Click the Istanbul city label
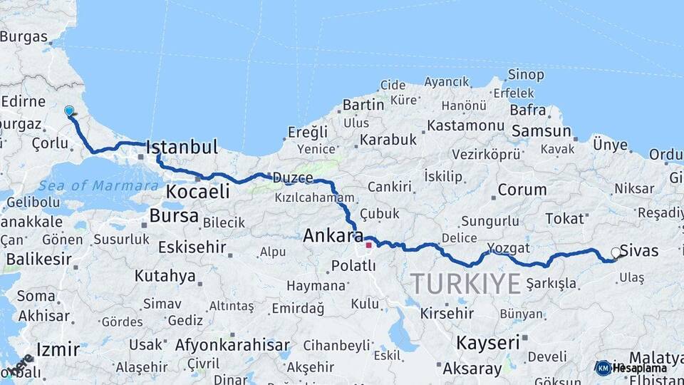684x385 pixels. point(182,148)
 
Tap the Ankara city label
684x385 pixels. point(333,235)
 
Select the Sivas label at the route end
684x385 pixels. point(639,250)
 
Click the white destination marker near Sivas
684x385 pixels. point(616,252)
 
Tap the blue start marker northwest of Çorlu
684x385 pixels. point(69,111)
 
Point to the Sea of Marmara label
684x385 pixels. point(98,185)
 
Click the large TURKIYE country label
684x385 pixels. point(465,283)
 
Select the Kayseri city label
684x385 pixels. point(488,342)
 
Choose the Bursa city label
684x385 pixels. point(174,215)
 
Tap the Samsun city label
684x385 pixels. point(541,131)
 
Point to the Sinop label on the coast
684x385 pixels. point(527,75)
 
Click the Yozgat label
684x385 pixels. point(509,248)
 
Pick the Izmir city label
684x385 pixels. point(57,350)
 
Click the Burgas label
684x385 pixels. point(24,37)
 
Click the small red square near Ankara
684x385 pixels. point(368,245)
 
